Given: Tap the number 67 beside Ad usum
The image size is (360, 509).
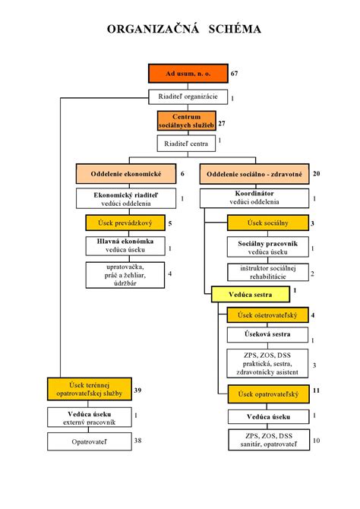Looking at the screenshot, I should (235, 74).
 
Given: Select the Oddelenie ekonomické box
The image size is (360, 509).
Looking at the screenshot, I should (125, 174).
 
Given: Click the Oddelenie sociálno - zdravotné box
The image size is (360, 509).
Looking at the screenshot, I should (254, 174).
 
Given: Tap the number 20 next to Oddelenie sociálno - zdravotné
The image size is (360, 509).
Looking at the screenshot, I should (316, 174).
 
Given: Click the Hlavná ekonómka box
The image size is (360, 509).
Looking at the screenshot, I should (125, 247).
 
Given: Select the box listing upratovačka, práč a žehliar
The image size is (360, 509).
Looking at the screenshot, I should (125, 275).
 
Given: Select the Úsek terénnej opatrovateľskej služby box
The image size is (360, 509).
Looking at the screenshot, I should (87, 389).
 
